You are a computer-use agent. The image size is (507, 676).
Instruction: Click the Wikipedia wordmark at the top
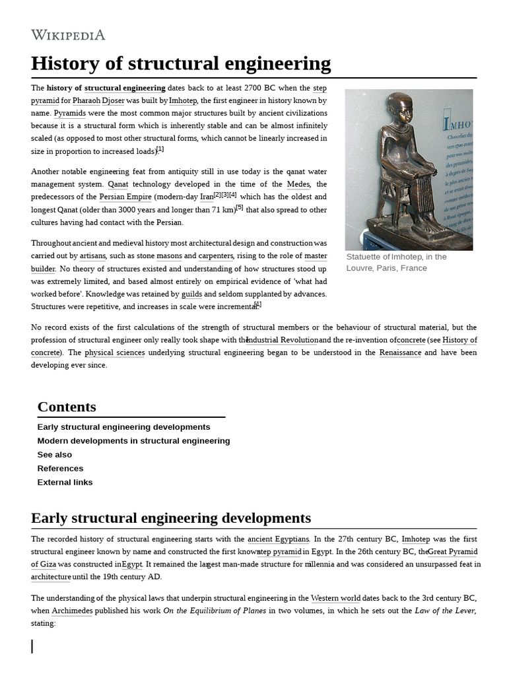pyautogui.click(x=68, y=35)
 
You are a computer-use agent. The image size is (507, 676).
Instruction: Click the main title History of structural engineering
pyautogui.click(x=181, y=63)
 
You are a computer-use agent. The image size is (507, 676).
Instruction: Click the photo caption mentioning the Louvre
pyautogui.click(x=396, y=262)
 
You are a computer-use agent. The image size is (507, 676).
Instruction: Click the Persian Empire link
pyautogui.click(x=125, y=197)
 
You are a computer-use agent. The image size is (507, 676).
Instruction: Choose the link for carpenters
pyautogui.click(x=216, y=256)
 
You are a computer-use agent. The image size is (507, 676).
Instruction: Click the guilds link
pyautogui.click(x=191, y=294)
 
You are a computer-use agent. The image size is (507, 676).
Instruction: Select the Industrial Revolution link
pyautogui.click(x=283, y=340)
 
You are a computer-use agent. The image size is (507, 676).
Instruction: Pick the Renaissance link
pyautogui.click(x=400, y=353)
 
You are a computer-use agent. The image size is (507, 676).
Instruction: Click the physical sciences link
pyautogui.click(x=115, y=353)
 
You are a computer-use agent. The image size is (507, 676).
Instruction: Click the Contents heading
pyautogui.click(x=67, y=407)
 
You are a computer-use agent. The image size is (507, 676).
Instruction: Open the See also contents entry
pyautogui.click(x=55, y=455)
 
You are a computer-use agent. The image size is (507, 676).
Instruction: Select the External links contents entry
pyautogui.click(x=65, y=483)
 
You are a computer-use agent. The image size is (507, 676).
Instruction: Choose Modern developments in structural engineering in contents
pyautogui.click(x=133, y=441)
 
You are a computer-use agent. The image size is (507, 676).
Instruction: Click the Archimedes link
pyautogui.click(x=72, y=611)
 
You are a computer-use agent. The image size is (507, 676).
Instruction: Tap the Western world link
pyautogui.click(x=335, y=598)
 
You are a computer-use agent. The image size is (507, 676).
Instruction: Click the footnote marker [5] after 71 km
pyautogui.click(x=240, y=208)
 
